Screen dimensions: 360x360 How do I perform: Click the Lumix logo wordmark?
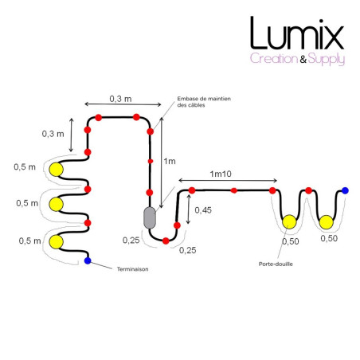297,33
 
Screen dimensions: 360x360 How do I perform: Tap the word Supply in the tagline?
327,59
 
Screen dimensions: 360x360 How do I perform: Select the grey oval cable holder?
150,217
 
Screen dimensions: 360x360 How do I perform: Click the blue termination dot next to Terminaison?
88,260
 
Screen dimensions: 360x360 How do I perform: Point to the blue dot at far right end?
345,190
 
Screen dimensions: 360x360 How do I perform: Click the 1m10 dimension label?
221,174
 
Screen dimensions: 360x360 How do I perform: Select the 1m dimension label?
170,161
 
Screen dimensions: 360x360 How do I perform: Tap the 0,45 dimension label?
203,210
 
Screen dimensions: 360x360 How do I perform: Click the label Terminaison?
133,269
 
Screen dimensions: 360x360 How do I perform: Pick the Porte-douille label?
276,264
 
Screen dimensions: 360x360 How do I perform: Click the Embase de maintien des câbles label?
204,102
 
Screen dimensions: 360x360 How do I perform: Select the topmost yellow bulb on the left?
57,170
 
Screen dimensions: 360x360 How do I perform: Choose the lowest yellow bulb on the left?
57,242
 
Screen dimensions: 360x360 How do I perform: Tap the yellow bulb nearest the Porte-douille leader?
289,222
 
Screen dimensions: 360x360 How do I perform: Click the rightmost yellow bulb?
326,222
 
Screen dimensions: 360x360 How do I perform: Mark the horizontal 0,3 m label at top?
120,99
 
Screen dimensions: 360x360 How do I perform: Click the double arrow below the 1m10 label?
228,181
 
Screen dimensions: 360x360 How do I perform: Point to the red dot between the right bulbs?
308,190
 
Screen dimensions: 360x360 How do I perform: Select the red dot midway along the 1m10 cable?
233,190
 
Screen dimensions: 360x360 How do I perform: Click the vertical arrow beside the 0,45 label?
188,209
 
